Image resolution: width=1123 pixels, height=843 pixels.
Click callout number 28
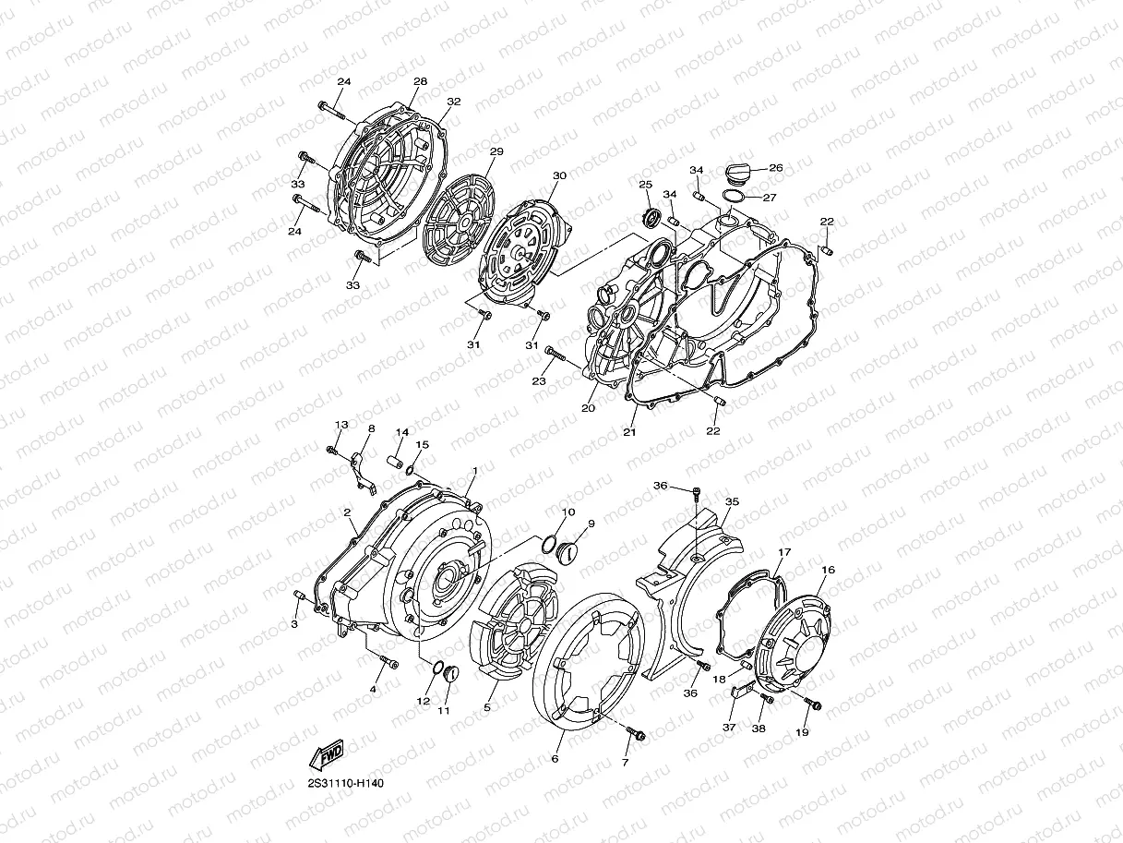coord(420,81)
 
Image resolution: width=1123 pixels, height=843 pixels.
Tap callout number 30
coord(560,175)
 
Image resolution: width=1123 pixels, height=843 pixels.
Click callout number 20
coord(589,408)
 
